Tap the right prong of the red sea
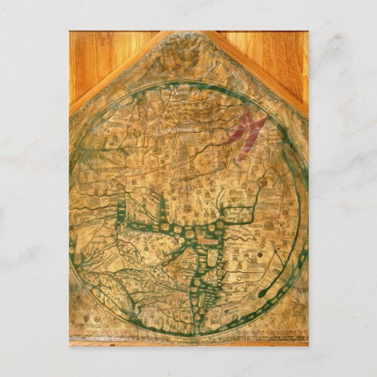pos(256,126)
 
